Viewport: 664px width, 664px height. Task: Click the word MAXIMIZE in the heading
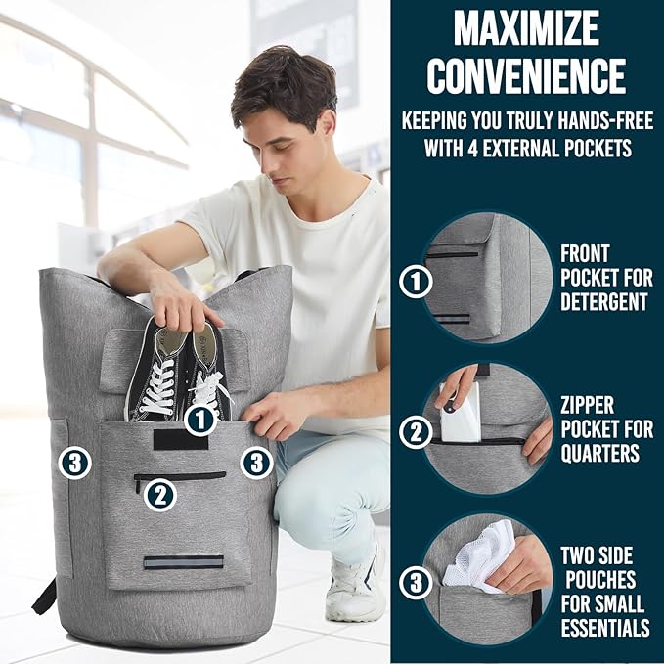[x=526, y=29]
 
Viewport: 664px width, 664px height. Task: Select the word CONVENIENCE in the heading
[x=526, y=75]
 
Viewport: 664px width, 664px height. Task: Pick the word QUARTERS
[x=599, y=453]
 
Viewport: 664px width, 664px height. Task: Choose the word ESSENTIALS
[x=602, y=627]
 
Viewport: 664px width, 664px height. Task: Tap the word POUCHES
[x=599, y=580]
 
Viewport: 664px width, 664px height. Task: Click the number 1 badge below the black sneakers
[x=200, y=421]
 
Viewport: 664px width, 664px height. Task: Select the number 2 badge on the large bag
[x=159, y=495]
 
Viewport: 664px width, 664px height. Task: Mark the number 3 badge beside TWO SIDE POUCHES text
[x=417, y=584]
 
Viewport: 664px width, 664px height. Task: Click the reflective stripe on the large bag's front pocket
[x=183, y=562]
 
